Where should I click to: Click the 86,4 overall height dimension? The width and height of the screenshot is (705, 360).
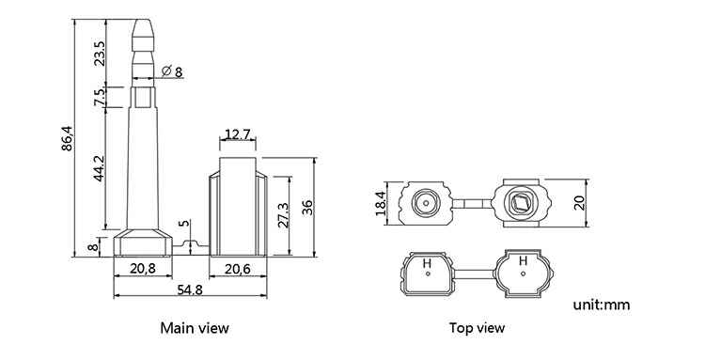point(67,138)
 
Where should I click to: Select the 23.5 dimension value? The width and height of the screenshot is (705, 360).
point(100,54)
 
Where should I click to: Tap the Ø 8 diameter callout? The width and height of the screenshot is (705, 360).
point(172,71)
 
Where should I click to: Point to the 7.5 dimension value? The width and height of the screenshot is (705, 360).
point(100,97)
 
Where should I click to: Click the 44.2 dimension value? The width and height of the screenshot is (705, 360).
point(99,168)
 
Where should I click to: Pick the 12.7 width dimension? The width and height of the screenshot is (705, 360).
point(238,133)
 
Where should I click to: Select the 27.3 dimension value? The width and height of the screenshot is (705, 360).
point(283,215)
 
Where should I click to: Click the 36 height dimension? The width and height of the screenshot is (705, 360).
point(307,207)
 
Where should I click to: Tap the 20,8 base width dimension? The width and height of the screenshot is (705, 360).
point(143,269)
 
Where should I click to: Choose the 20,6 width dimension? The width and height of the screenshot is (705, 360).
point(238,269)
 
